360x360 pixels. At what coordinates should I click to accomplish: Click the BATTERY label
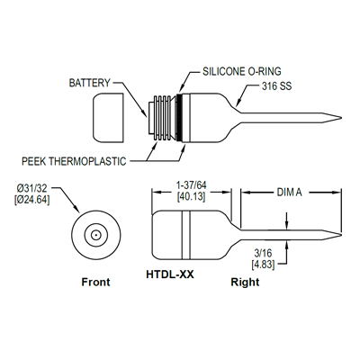point(90,83)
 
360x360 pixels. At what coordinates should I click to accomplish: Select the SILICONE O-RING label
point(242,71)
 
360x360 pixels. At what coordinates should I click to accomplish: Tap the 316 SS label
point(276,86)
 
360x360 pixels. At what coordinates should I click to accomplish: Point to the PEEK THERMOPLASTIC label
point(74,161)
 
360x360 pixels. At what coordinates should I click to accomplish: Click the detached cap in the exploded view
point(108,117)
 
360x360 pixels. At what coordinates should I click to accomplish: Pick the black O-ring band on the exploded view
point(180,118)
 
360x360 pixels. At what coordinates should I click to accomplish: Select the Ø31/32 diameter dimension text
point(32,188)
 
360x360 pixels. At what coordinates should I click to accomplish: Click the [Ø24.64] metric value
point(31,200)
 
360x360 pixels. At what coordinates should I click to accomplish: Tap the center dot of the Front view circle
point(96,235)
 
